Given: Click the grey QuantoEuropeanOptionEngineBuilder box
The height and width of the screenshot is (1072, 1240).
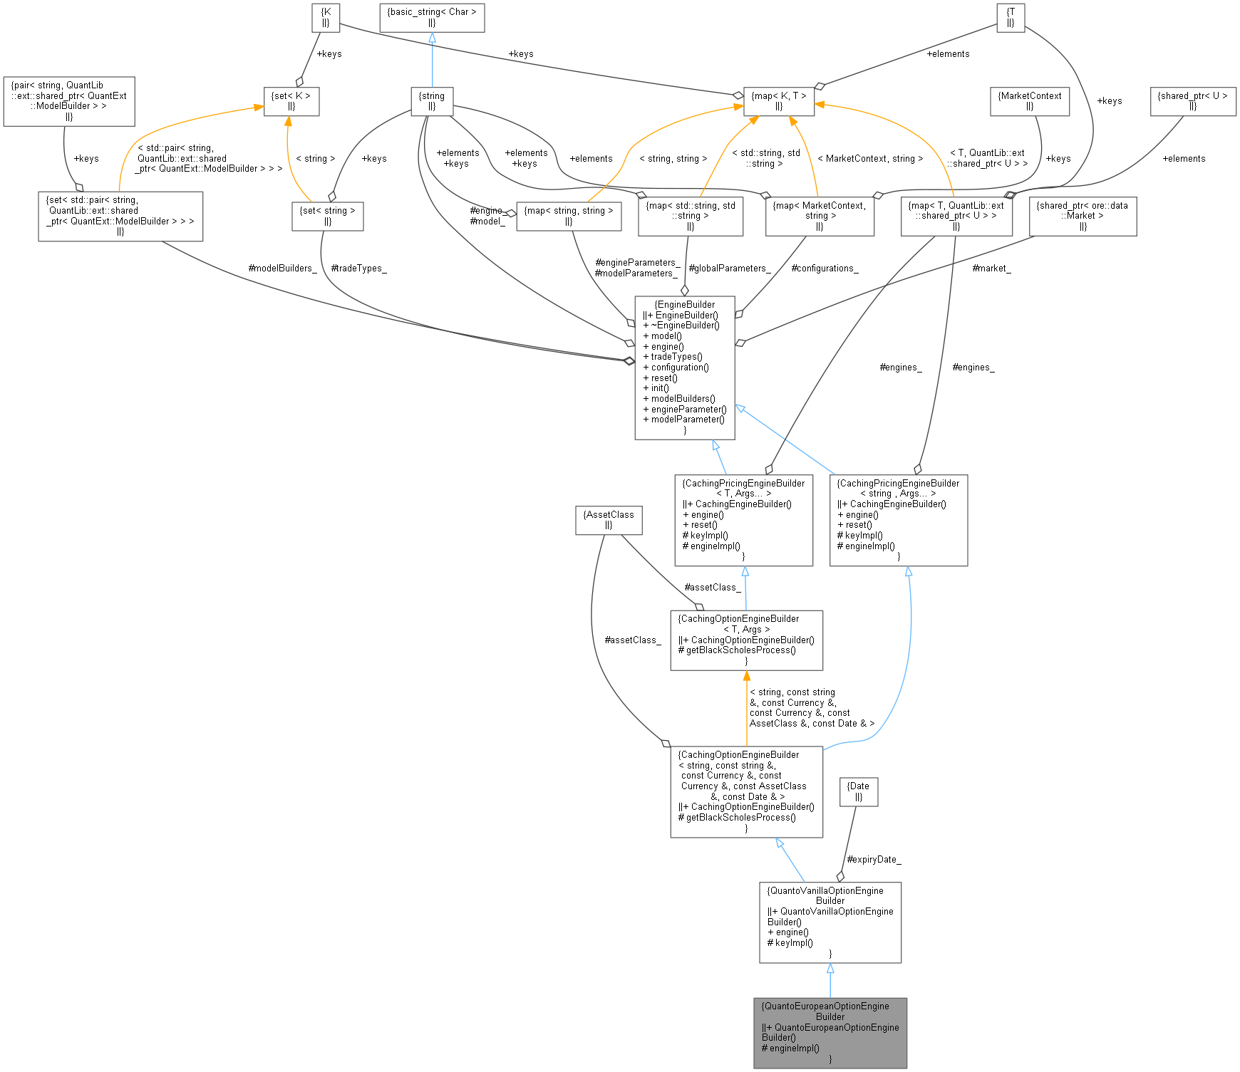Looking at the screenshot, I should [x=830, y=1032].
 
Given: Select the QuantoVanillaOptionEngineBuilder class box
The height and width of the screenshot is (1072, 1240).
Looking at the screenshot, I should [x=830, y=922].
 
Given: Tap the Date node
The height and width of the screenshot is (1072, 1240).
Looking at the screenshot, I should [x=858, y=791].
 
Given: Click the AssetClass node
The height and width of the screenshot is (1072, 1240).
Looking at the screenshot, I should [x=608, y=519].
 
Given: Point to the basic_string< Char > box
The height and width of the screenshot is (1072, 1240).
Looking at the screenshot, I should [x=431, y=17].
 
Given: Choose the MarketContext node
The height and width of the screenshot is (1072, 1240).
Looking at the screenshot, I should [x=1029, y=100].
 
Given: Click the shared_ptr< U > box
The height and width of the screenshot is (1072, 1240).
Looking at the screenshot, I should [x=1192, y=100].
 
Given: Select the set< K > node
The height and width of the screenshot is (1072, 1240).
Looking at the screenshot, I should [x=291, y=100].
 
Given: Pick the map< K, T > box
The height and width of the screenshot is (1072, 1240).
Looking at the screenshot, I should [x=778, y=100].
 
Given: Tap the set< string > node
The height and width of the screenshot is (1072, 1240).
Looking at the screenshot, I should [x=327, y=216].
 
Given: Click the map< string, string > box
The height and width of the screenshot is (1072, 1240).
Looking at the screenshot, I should [x=568, y=216].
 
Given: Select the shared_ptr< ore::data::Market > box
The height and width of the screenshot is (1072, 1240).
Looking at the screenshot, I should [x=1082, y=216].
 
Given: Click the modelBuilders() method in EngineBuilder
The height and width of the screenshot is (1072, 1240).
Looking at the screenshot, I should [x=683, y=399].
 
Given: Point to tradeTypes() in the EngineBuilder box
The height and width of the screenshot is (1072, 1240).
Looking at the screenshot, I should [x=676, y=357].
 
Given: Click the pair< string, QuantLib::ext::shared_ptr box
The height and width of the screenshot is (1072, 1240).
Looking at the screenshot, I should [x=68, y=100].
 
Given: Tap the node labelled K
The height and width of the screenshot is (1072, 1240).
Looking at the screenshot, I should [x=326, y=17].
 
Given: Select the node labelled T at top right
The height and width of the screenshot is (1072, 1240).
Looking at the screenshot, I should [x=1010, y=17].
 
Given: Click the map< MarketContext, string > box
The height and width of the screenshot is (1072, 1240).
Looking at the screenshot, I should [x=819, y=216].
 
